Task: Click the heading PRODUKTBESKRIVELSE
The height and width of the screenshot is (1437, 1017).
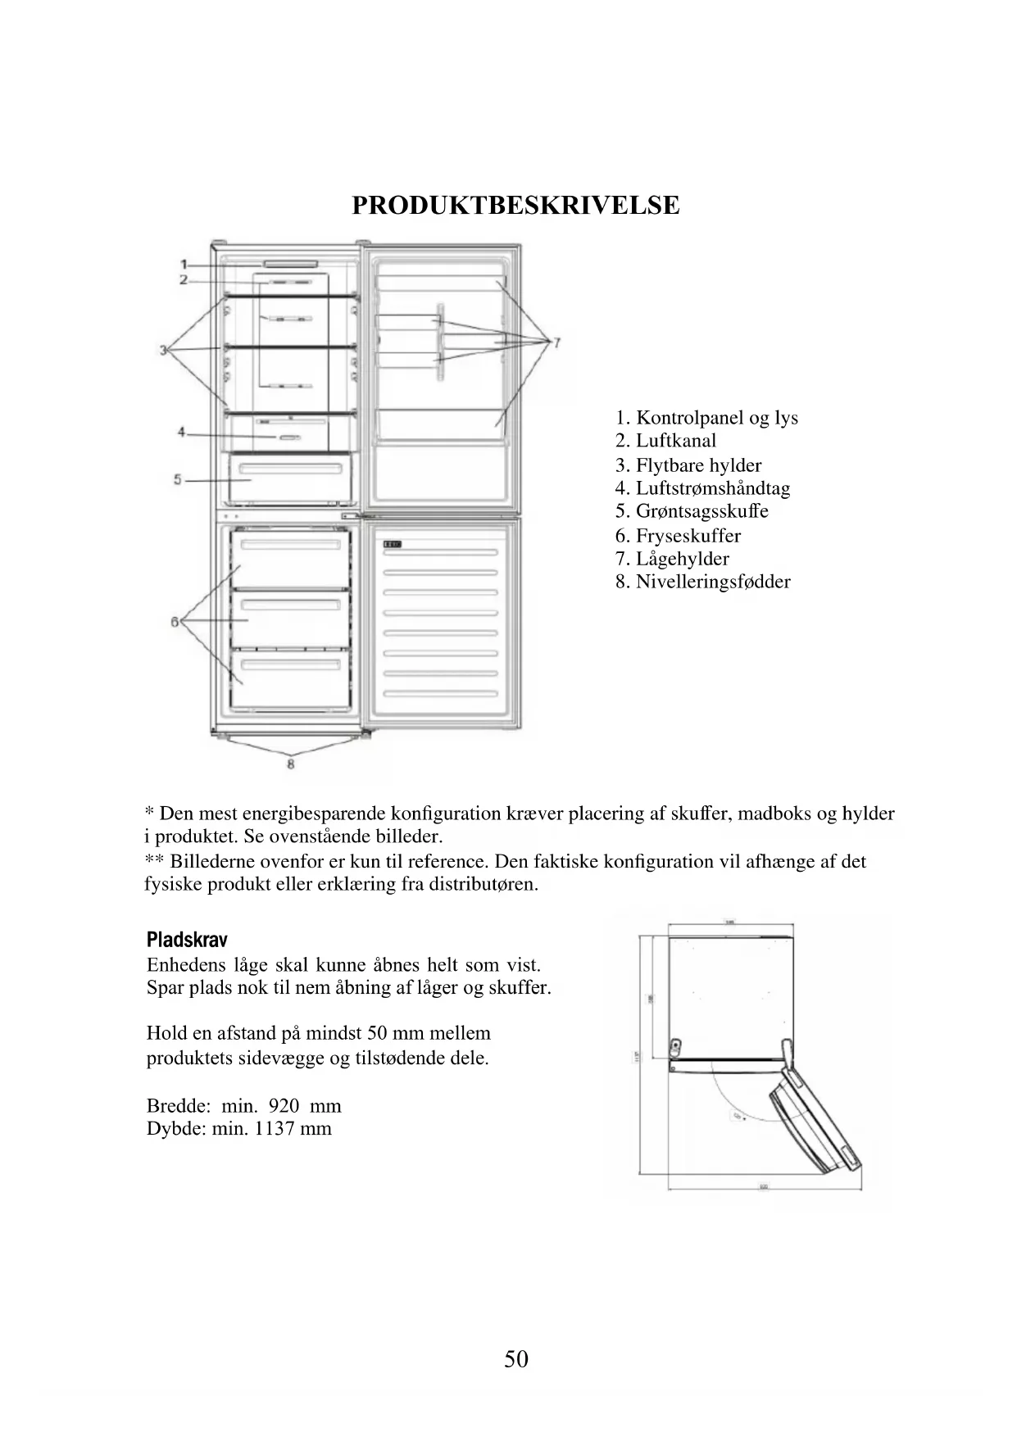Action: pyautogui.click(x=515, y=205)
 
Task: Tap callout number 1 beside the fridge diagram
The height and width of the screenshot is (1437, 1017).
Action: pyautogui.click(x=184, y=264)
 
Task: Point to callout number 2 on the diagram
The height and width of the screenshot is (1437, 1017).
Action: pyautogui.click(x=184, y=280)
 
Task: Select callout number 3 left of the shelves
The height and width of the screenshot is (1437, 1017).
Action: pyautogui.click(x=163, y=351)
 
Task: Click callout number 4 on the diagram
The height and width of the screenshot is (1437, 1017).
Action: pyautogui.click(x=182, y=433)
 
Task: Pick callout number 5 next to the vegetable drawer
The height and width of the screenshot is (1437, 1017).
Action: pyautogui.click(x=178, y=479)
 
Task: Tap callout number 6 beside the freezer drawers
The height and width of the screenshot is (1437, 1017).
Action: pyautogui.click(x=175, y=622)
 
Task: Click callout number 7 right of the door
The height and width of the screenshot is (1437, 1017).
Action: pyautogui.click(x=556, y=342)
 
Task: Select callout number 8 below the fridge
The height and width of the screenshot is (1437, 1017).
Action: pyautogui.click(x=290, y=764)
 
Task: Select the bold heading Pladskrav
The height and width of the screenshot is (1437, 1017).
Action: pyautogui.click(x=187, y=940)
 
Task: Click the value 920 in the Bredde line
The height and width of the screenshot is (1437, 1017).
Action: pyautogui.click(x=284, y=1106)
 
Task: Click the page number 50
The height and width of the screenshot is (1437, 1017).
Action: pyautogui.click(x=516, y=1359)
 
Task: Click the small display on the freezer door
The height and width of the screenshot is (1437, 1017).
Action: pyautogui.click(x=392, y=544)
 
